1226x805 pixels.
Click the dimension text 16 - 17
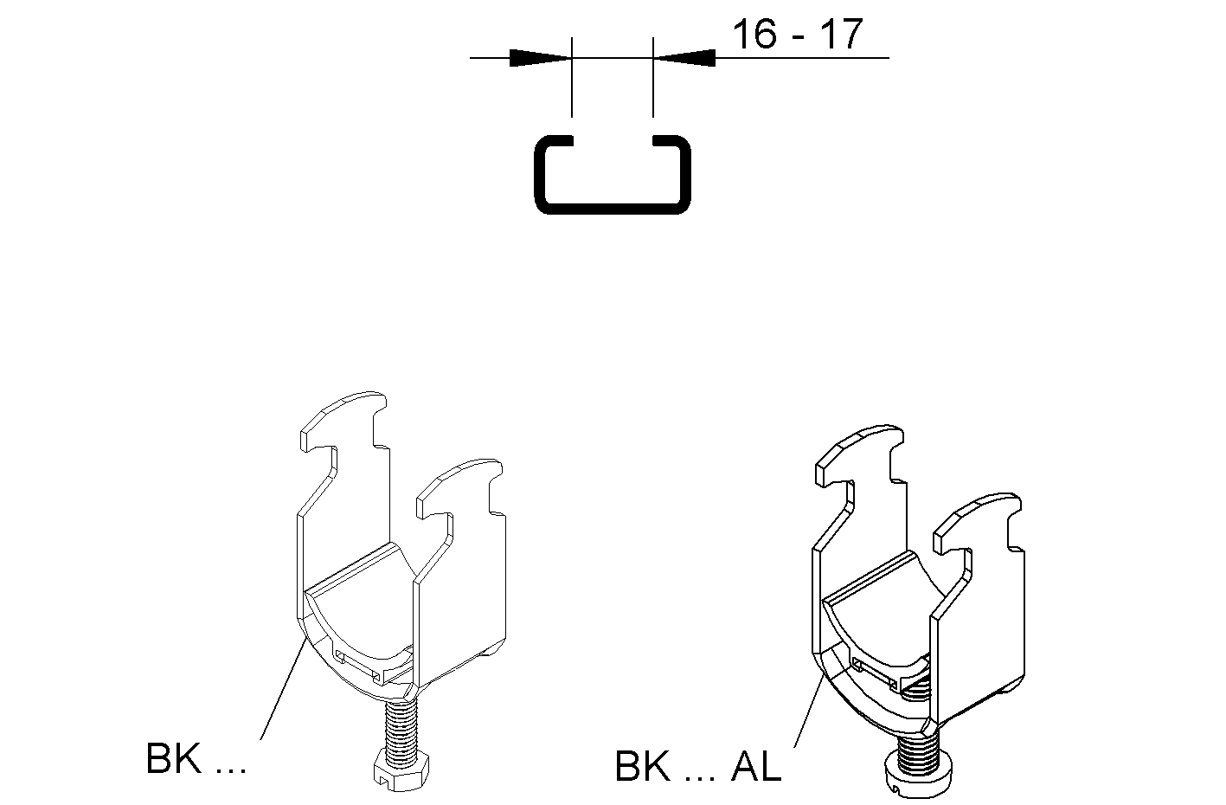point(797,34)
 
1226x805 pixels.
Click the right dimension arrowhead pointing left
point(684,57)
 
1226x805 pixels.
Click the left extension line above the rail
point(572,77)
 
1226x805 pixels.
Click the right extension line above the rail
point(653,77)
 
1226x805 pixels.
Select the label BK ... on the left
point(196,758)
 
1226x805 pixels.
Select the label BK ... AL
point(698,765)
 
